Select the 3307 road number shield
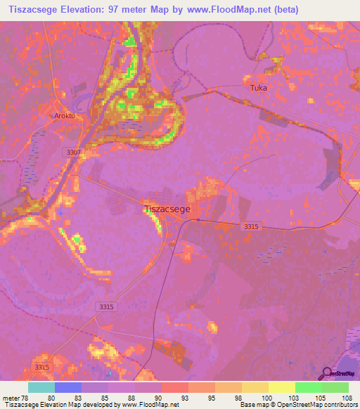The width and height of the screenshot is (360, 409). pyautogui.click(x=71, y=152)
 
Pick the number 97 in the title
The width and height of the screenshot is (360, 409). pyautogui.click(x=127, y=10)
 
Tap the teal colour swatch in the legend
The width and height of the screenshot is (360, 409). pyautogui.click(x=41, y=387)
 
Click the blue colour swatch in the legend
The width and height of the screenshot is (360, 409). pyautogui.click(x=68, y=387)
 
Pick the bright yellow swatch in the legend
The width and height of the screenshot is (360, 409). pyautogui.click(x=281, y=387)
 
